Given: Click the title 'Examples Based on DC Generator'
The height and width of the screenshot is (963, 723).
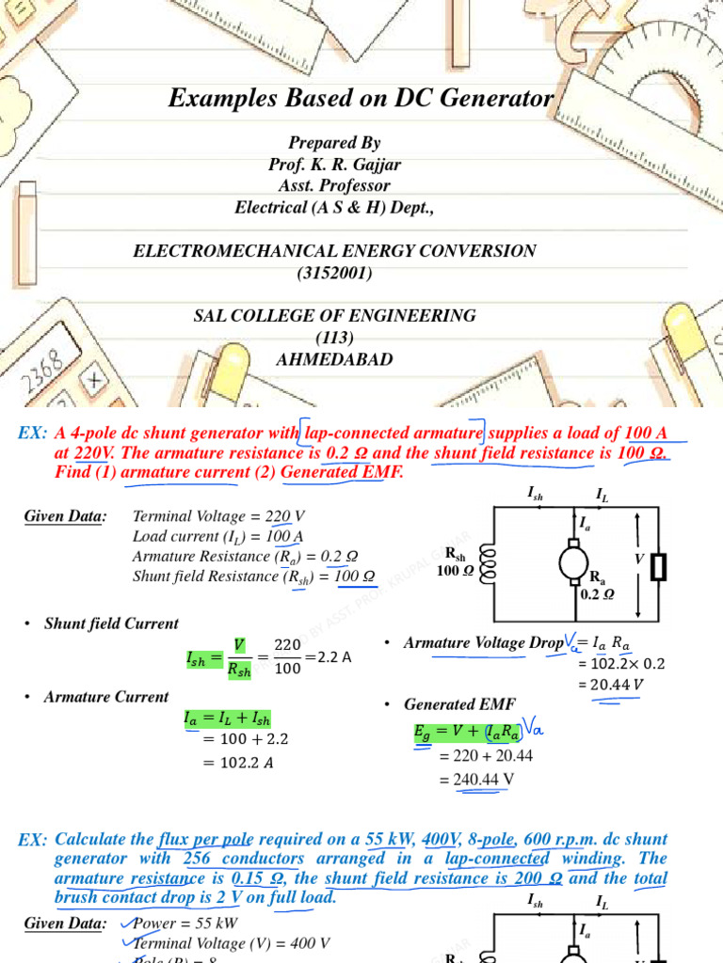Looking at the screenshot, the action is pyautogui.click(x=361, y=98).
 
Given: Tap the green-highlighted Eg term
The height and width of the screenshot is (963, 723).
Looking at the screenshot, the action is pyautogui.click(x=427, y=731).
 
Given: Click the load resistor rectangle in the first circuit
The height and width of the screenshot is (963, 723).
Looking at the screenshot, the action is pyautogui.click(x=659, y=566).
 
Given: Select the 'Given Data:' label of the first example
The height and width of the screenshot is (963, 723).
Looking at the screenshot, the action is pyautogui.click(x=65, y=516).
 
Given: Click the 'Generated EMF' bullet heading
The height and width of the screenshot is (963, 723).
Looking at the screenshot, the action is pyautogui.click(x=459, y=704).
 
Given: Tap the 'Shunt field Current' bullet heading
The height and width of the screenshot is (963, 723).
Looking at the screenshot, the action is pyautogui.click(x=111, y=624).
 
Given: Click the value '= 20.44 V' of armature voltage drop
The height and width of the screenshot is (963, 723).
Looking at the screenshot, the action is pyautogui.click(x=611, y=684).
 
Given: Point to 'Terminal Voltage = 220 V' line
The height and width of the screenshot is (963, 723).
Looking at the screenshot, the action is pyautogui.click(x=218, y=516).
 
